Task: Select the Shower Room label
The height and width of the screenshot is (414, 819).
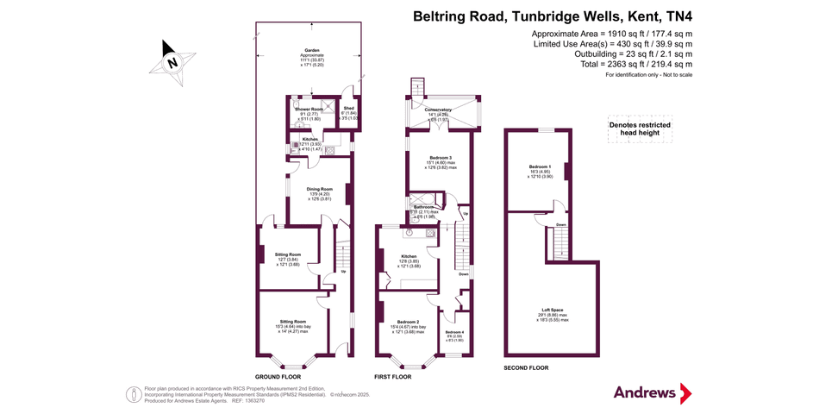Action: [309, 110]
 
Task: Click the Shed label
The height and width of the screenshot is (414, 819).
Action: [348, 108]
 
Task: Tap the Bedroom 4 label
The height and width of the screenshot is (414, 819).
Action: [453, 332]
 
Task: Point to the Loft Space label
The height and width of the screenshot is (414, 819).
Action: [552, 310]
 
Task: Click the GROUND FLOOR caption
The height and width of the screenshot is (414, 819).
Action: [278, 378]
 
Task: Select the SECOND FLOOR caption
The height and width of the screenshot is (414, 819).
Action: [526, 368]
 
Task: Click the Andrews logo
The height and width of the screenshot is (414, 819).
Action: [652, 392]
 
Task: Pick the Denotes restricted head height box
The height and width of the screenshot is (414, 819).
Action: [640, 129]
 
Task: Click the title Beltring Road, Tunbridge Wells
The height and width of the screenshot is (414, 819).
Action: [553, 16]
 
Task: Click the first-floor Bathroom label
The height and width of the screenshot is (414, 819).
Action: [423, 208]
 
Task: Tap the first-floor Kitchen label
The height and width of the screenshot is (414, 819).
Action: [409, 256]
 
